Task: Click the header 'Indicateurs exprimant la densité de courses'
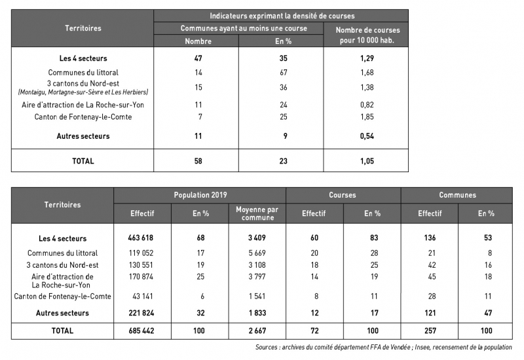pos(281,15)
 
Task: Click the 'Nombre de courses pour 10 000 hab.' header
pos(367,35)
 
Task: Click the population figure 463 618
pos(142,238)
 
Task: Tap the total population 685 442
pos(142,331)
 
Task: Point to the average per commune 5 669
pos(257,253)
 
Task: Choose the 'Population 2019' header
pos(200,195)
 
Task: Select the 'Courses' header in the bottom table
pos(343,195)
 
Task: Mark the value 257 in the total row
pos(429,331)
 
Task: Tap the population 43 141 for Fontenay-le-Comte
pos(142,297)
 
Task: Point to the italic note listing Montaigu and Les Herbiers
pos(83,92)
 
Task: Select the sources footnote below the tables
pos(383,348)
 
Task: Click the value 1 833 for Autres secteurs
pos(257,313)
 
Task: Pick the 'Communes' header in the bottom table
pos(457,195)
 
